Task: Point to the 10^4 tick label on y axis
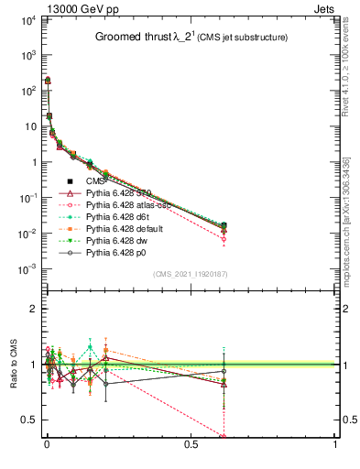coord(27,19)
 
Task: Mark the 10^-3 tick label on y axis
coord(27,268)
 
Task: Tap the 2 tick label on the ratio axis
coord(30,309)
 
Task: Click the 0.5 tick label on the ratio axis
coord(27,420)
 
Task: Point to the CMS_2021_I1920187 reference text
coord(191,274)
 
